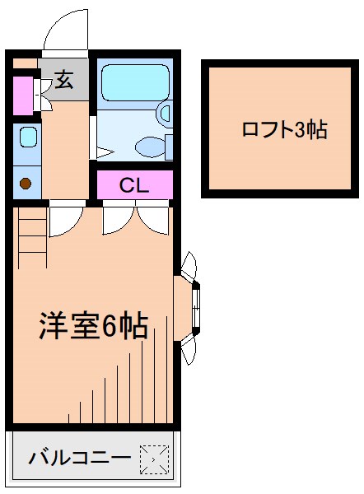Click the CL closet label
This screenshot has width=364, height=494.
pos(134,184)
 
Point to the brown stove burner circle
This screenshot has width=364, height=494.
pos(26,184)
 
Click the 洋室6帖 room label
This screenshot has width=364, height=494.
pos(93,326)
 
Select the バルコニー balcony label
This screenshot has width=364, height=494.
pos(79,458)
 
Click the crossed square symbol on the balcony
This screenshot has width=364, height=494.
pos(154,459)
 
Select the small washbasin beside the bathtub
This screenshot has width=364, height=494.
pos(165,114)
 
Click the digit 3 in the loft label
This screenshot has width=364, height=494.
pos(299,129)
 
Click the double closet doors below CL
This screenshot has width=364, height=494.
pos(134,217)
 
